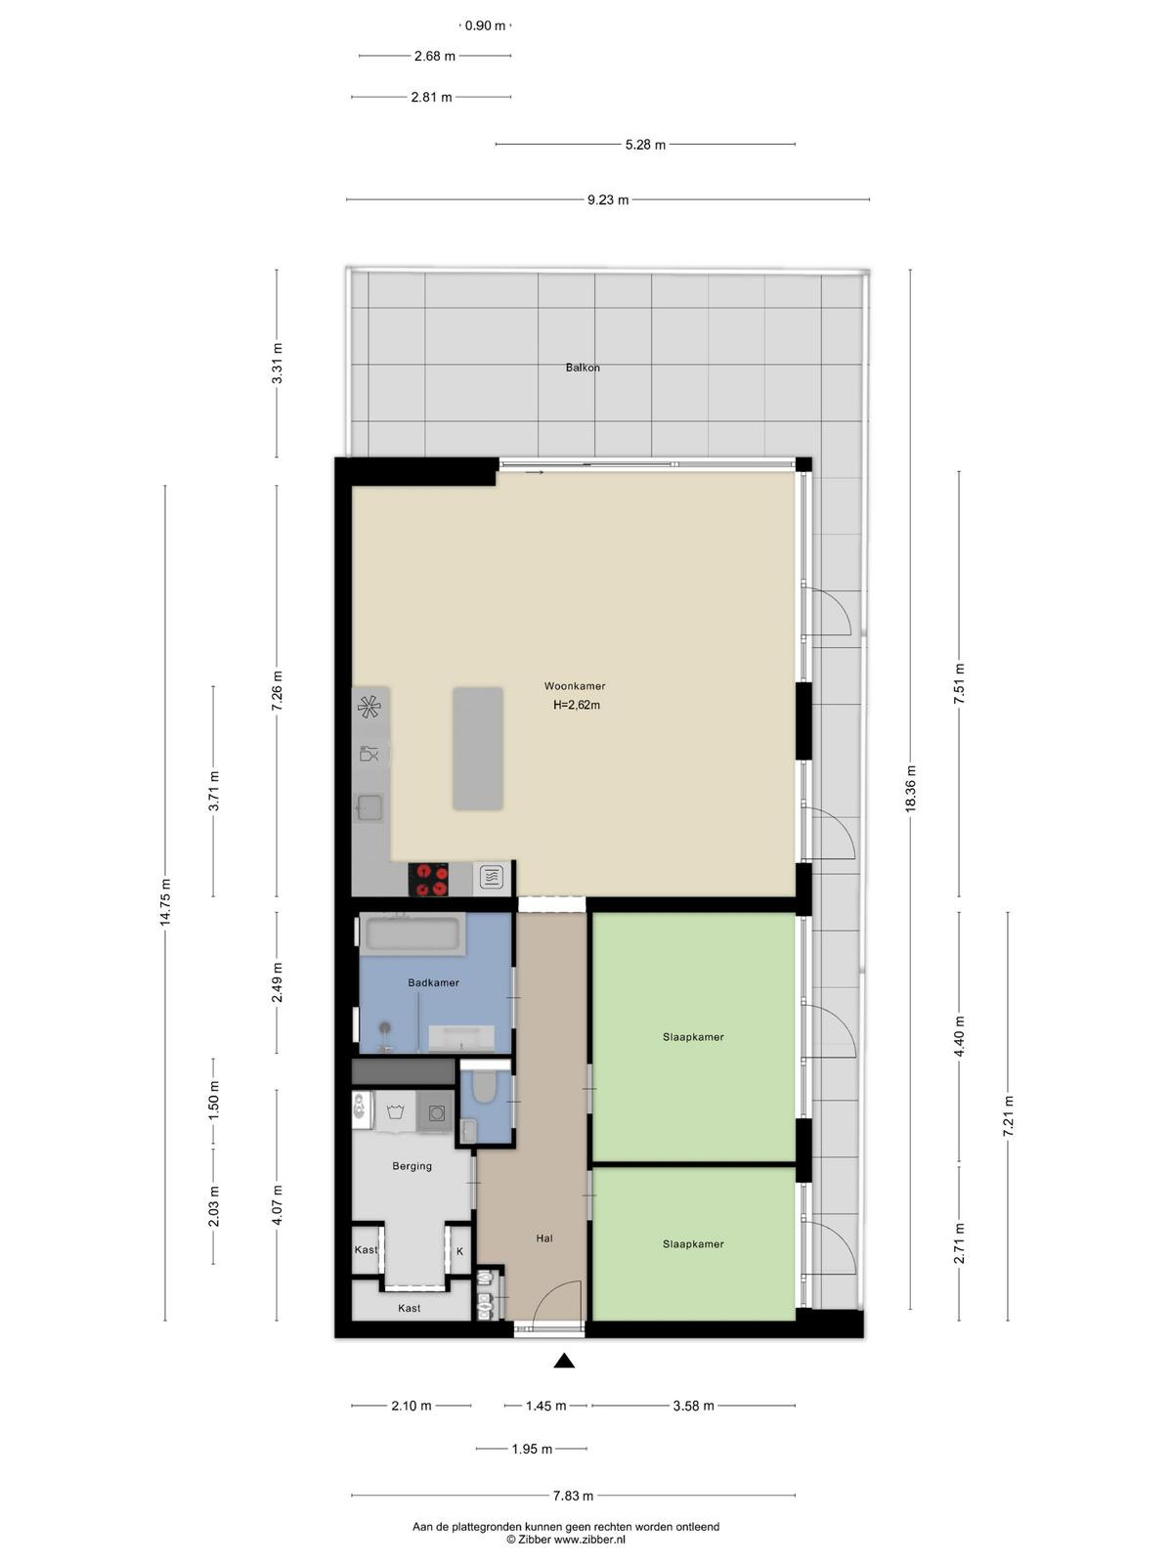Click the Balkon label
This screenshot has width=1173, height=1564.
click(582, 368)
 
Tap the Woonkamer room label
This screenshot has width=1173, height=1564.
click(575, 686)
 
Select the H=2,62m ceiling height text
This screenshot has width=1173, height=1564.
click(576, 706)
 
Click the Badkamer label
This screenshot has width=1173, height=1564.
click(433, 982)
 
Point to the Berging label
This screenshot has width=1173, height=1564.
click(412, 1166)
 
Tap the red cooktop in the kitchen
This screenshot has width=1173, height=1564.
click(429, 879)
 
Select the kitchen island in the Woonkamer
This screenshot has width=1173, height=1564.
click(477, 748)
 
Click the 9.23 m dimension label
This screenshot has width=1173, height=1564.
click(607, 200)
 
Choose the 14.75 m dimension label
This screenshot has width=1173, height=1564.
click(165, 902)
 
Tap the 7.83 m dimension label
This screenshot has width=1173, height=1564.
click(574, 1490)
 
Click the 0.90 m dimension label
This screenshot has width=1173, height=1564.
click(484, 25)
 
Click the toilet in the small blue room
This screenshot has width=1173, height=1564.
click(484, 1087)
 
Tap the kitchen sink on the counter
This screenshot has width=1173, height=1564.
click(369, 807)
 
